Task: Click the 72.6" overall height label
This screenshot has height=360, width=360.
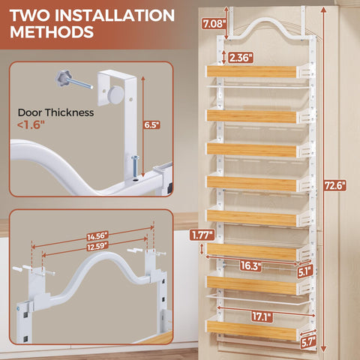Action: tap(335, 186)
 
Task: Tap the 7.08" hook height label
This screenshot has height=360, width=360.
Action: tap(214, 24)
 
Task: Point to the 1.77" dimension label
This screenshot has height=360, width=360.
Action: tap(202, 235)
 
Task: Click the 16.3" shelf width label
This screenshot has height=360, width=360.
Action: tap(250, 265)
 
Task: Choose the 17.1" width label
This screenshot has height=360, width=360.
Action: tap(262, 316)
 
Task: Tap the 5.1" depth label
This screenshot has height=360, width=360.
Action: tap(305, 271)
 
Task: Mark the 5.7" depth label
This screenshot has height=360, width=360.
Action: tap(308, 342)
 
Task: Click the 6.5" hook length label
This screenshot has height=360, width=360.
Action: tap(151, 124)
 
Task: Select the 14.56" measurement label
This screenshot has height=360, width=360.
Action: tap(97, 236)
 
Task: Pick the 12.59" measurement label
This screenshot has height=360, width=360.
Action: tap(97, 246)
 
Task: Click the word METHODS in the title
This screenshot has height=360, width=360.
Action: tap(52, 31)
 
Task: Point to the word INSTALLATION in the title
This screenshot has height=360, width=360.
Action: tap(115, 15)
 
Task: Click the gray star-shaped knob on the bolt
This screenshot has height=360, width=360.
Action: tap(63, 78)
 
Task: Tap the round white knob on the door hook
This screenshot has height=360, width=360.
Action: tap(116, 94)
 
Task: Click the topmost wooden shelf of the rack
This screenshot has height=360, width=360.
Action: tap(251, 72)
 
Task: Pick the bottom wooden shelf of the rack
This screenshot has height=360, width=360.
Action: tap(251, 329)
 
